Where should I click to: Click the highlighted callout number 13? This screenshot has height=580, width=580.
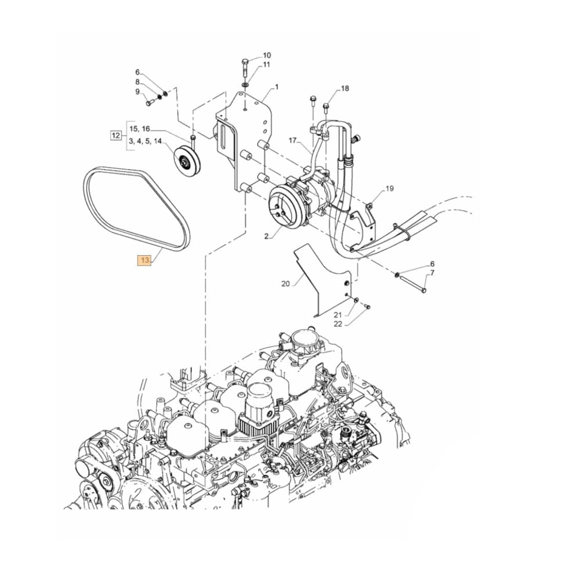click(x=144, y=260)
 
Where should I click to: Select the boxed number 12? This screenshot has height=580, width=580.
click(x=116, y=136)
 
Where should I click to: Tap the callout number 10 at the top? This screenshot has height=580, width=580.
click(x=266, y=55)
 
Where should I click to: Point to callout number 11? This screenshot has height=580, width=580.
click(x=266, y=64)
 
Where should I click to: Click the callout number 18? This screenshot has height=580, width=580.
click(x=345, y=88)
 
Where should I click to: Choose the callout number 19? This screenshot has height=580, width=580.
click(x=389, y=188)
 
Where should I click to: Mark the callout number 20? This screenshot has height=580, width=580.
click(x=285, y=284)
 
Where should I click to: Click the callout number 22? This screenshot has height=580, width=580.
click(x=338, y=324)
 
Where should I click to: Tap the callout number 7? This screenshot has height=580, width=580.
click(x=432, y=273)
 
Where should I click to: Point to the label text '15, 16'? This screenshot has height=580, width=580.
click(x=139, y=128)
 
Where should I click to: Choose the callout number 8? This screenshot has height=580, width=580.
click(x=137, y=82)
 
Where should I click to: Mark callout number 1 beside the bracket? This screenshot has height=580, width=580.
click(x=277, y=87)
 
